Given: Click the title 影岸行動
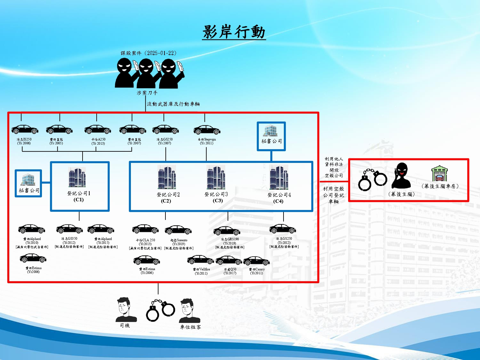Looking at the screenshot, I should [x=234, y=32].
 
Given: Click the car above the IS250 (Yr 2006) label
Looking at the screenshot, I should [x=25, y=130].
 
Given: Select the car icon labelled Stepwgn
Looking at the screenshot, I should [x=207, y=130].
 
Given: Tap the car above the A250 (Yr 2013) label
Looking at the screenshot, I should [x=98, y=130].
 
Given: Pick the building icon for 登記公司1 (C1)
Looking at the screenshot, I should [x=77, y=177].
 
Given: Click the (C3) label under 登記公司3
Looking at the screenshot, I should [x=218, y=201].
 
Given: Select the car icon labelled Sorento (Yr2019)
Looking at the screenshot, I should [x=178, y=230].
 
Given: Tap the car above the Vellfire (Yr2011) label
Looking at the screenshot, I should [x=201, y=260].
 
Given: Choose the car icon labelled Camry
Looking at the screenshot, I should [x=256, y=261].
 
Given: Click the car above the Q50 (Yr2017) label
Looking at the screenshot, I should [x=228, y=260].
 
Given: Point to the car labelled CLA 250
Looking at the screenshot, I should [x=145, y=229].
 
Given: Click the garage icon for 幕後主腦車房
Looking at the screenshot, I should [x=439, y=174].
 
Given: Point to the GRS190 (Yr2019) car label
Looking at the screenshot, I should [x=230, y=241].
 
